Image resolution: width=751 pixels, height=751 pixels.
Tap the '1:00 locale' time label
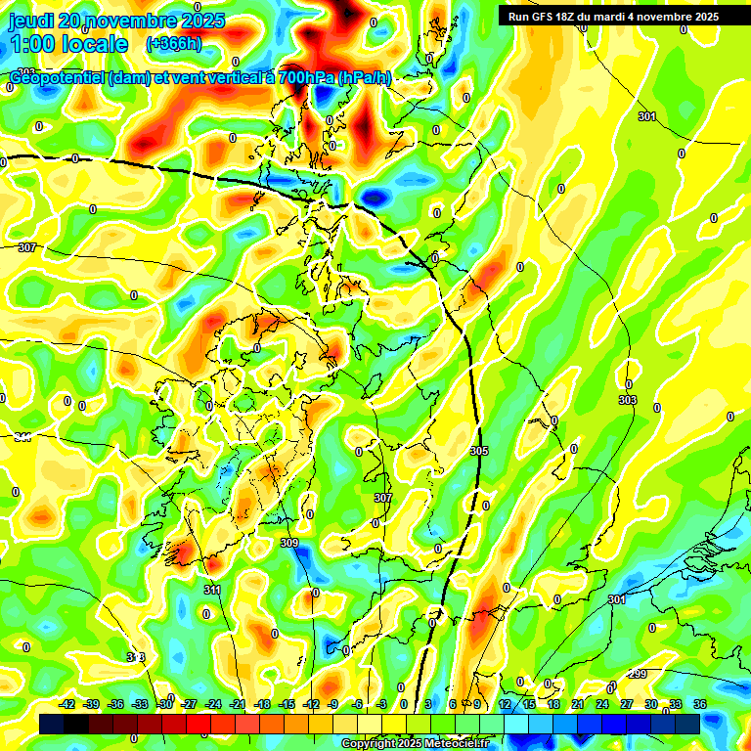[x=68, y=44]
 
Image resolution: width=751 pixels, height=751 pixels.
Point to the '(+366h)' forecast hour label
[x=175, y=44]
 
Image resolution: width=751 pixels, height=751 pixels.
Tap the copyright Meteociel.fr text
[x=415, y=744]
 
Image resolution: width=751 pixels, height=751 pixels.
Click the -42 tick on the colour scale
[x=67, y=704]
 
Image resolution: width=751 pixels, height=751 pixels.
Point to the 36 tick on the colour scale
[x=699, y=704]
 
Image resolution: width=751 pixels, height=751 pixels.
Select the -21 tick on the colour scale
[x=238, y=704]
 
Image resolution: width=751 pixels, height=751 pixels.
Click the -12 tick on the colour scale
[x=311, y=704]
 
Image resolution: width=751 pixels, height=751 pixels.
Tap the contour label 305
[x=478, y=451]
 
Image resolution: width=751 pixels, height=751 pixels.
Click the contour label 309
[x=288, y=543]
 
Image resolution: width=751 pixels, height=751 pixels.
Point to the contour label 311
[x=213, y=590]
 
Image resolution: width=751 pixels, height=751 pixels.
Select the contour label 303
[x=628, y=400]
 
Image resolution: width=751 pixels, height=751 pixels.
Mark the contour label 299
[x=638, y=675]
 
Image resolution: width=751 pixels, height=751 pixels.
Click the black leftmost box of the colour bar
[x=52, y=724]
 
